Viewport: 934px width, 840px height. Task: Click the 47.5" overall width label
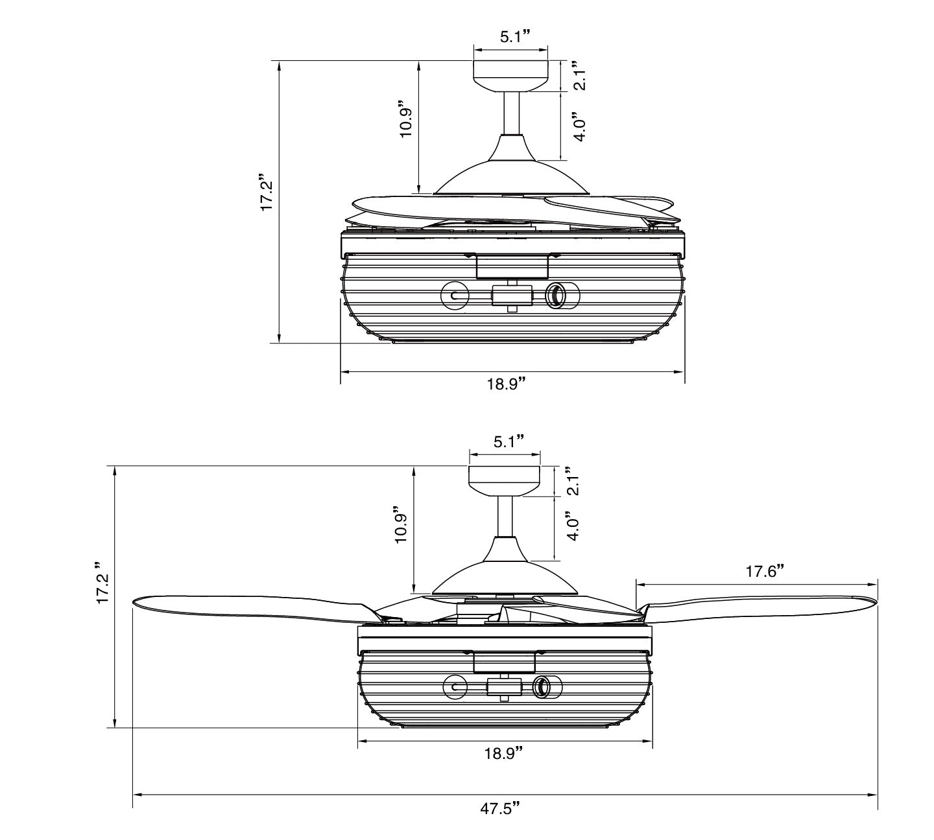click(500, 821)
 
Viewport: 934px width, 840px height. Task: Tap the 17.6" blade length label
click(765, 570)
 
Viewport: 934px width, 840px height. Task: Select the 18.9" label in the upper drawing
click(507, 384)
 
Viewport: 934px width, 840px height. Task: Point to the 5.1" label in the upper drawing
click(516, 37)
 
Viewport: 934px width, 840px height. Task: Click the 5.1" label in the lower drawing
click(509, 441)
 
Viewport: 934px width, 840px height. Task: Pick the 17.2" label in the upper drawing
click(266, 192)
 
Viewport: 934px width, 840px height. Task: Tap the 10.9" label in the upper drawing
click(406, 118)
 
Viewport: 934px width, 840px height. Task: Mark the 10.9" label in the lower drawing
click(400, 524)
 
